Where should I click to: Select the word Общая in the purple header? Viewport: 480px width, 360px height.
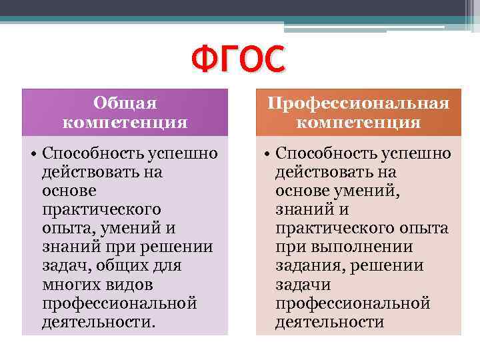125,103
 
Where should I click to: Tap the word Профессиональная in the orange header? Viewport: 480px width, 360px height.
359,103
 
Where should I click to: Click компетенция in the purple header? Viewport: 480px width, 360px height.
125,122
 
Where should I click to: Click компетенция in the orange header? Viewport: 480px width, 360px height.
359,122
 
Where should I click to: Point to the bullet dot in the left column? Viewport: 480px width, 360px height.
33,155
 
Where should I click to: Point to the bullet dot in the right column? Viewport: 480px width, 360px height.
267,155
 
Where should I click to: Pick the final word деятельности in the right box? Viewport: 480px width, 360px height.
330,322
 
